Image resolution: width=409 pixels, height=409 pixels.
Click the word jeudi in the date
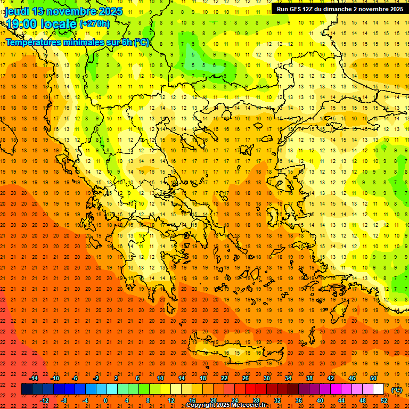coord(17,11)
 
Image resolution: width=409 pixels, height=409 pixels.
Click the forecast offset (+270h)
coord(95,23)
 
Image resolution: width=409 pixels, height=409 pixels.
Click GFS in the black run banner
coord(299,9)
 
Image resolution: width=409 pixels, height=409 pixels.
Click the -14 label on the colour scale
coord(35,378)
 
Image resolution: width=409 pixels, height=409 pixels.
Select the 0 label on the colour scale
coord(105,400)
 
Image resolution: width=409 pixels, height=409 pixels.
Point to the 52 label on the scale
coord(384,400)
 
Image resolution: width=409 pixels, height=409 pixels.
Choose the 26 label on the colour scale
coord(246,378)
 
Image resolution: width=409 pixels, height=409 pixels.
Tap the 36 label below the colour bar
coord(299,400)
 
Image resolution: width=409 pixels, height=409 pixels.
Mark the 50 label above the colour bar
coord(373,378)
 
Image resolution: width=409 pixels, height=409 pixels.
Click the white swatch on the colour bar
coord(378,389)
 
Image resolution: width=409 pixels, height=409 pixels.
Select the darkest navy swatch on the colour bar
coord(27,389)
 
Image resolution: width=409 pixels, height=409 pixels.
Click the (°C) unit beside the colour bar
coord(397,390)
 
